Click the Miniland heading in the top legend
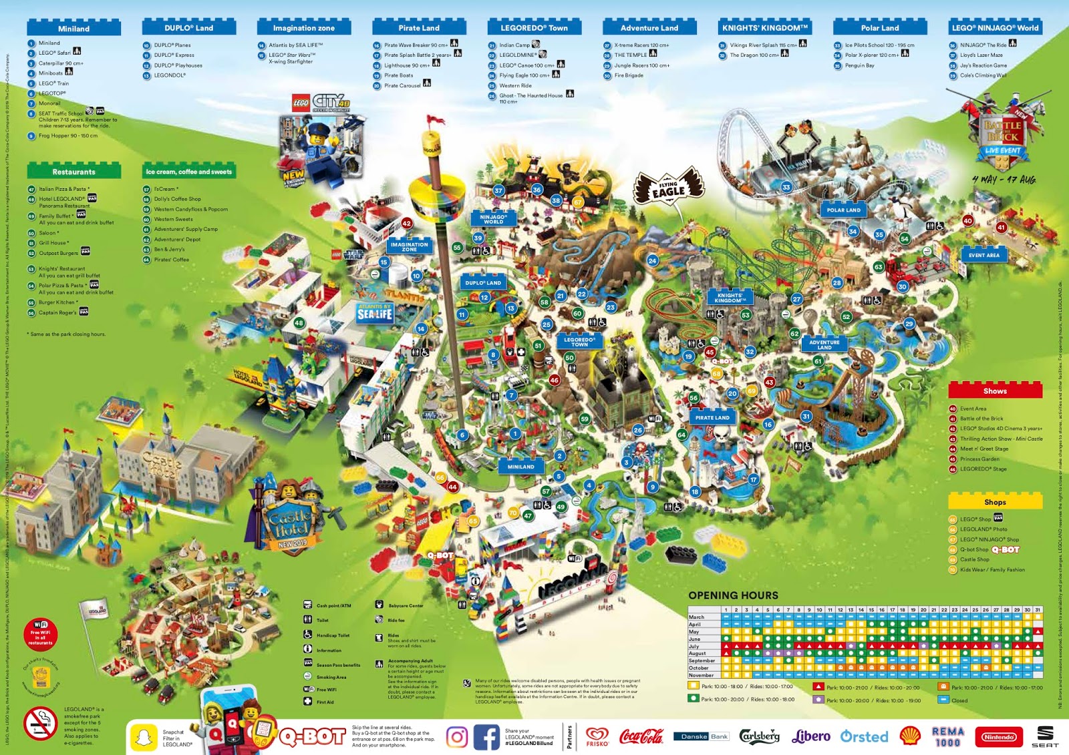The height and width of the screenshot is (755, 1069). [73, 29]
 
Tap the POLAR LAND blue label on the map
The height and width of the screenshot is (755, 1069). [844, 210]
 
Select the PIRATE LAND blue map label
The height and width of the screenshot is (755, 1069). [712, 418]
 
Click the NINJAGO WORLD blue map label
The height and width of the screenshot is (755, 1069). [493, 219]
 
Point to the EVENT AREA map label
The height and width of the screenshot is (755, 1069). [984, 255]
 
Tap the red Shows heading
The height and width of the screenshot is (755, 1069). [995, 391]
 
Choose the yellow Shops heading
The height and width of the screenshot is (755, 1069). [995, 502]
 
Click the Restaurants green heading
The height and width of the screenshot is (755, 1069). [73, 172]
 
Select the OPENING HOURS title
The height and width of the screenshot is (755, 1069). [733, 595]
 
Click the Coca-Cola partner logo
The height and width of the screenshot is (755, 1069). [641, 736]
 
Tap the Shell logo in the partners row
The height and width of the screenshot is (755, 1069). [910, 736]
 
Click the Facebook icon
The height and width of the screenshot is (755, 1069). [486, 737]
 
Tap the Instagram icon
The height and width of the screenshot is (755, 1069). [457, 737]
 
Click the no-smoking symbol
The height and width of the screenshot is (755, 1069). [40, 723]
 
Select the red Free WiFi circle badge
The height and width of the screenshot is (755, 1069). [40, 634]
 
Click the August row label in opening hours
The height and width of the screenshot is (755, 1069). [698, 654]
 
